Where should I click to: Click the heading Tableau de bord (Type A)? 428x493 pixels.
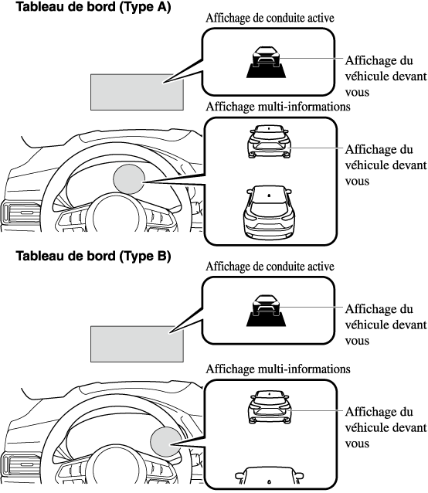(x=93, y=7)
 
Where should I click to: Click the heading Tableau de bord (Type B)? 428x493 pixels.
(x=93, y=256)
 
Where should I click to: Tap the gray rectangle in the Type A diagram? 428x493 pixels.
(x=137, y=92)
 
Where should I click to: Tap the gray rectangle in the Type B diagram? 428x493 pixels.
(x=137, y=344)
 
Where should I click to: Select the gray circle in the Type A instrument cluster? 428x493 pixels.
(x=129, y=179)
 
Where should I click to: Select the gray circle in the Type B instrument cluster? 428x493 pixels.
(x=166, y=441)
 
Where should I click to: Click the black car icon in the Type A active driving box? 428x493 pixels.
(x=267, y=63)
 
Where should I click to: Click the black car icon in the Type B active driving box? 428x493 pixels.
(x=267, y=311)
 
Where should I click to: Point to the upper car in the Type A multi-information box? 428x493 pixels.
(x=270, y=141)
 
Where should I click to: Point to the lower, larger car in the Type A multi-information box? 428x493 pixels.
(x=270, y=212)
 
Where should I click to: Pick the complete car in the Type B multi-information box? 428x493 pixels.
(x=270, y=407)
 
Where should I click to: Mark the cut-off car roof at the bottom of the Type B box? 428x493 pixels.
(x=270, y=475)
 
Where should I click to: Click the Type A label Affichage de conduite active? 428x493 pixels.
(x=270, y=19)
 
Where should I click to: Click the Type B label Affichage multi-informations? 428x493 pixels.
(x=278, y=369)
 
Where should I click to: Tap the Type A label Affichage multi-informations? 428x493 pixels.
(x=278, y=107)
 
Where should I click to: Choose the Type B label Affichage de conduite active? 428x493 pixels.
(x=270, y=267)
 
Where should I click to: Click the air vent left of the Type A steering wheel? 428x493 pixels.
(x=20, y=212)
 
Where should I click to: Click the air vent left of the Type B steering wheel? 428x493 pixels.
(x=20, y=464)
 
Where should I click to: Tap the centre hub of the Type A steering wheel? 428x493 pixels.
(x=116, y=216)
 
